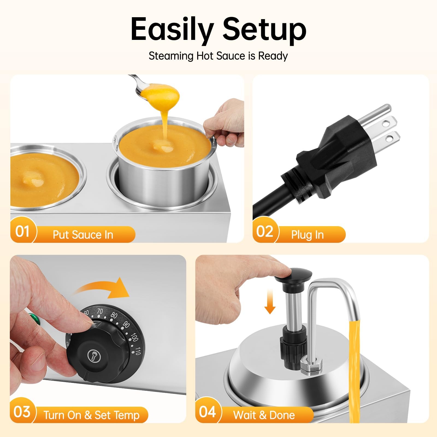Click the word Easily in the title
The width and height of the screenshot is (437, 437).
(x=172, y=29)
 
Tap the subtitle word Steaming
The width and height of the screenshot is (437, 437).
(x=171, y=56)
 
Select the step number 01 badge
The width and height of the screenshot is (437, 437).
(x=22, y=231)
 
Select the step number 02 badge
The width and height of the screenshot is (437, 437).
(x=264, y=231)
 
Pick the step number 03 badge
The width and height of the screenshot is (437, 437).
(x=22, y=412)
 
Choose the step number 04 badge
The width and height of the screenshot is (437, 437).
(x=207, y=412)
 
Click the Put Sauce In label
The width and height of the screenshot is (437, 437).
(x=83, y=235)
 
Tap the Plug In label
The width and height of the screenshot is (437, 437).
(x=307, y=235)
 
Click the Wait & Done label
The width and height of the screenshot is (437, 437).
(x=264, y=415)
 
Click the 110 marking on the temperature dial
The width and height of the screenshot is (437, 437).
(x=138, y=351)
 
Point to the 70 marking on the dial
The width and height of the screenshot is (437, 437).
(x=100, y=311)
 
